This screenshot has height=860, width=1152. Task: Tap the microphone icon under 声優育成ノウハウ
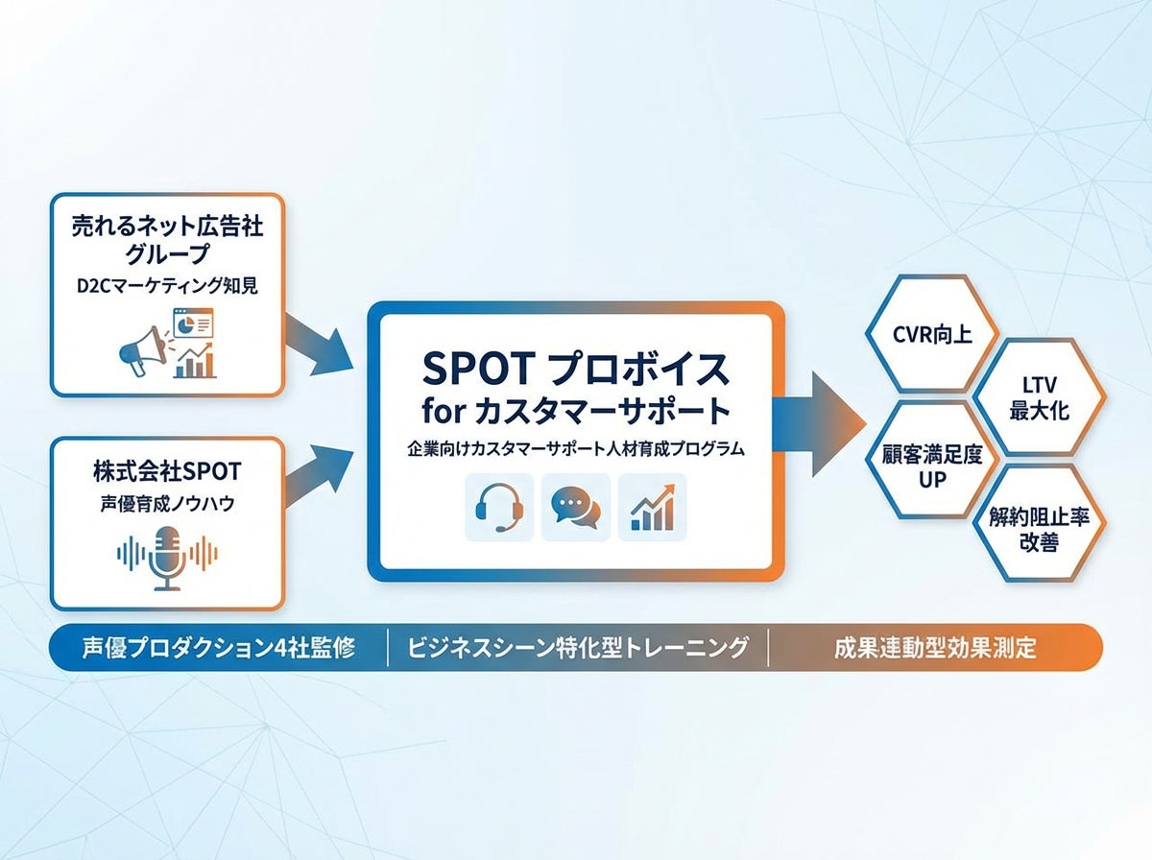click(x=167, y=557)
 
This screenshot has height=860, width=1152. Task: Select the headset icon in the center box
click(x=499, y=507)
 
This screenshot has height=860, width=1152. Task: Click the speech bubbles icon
click(x=576, y=507)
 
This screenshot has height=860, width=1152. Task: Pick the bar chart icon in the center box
click(x=652, y=507)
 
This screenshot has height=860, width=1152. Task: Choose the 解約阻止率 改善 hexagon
click(x=1040, y=527)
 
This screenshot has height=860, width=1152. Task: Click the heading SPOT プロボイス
click(x=576, y=368)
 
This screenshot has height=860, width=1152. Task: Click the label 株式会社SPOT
click(x=167, y=471)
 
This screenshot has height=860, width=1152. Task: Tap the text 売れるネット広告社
click(x=167, y=228)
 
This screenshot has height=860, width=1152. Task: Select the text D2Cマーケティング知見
click(x=167, y=286)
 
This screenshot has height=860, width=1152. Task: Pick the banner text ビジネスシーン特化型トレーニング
click(x=578, y=648)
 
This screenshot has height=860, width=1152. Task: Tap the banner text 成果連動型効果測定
click(x=935, y=648)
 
